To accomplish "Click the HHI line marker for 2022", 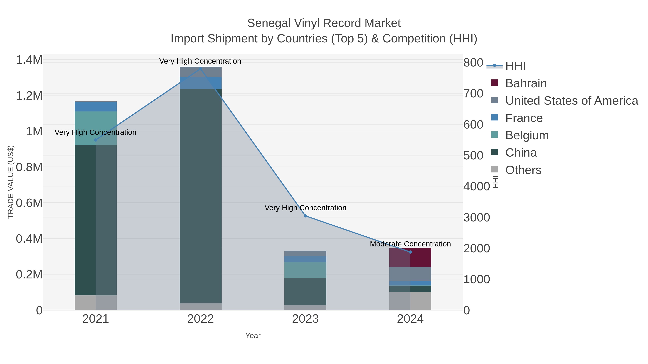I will [x=201, y=69].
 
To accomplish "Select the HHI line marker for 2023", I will [x=305, y=216].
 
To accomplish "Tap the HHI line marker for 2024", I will [x=410, y=252].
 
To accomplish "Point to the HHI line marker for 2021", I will [x=96, y=140].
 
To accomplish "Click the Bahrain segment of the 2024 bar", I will [x=410, y=257].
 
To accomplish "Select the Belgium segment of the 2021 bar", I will [x=96, y=128].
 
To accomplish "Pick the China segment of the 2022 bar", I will [x=201, y=196].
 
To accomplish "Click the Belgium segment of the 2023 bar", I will [x=305, y=270].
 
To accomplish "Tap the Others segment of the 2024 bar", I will [x=410, y=301].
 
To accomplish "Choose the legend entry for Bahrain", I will [x=526, y=83].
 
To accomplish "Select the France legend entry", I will [x=524, y=118].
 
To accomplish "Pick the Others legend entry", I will [x=523, y=170].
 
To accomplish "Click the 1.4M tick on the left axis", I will [x=29, y=60].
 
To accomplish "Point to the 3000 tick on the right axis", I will [x=477, y=218].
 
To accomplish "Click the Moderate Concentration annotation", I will [x=410, y=244].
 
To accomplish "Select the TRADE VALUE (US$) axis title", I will [x=11, y=182].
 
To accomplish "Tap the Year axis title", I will [x=253, y=336].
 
